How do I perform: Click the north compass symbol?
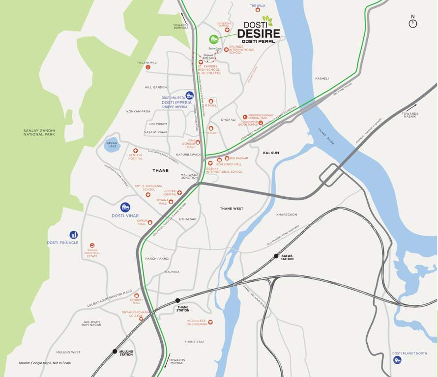pos(413,23)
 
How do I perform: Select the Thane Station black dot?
pos(177,300)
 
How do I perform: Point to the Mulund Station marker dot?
pos(115,351)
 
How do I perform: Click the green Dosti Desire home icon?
pos(213,39)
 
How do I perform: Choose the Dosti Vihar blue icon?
pos(125,207)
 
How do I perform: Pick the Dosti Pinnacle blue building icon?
pos(73,235)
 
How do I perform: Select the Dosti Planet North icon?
pos(397,360)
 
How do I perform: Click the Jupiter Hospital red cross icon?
pos(179,193)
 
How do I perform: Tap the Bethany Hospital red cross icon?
pos(136,151)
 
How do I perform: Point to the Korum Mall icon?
pos(150,222)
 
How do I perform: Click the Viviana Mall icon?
pos(171,202)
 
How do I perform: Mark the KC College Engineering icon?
pos(210,322)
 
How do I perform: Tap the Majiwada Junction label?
pos(189,176)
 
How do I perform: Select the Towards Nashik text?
pos(409,115)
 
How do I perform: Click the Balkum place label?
pos(271,153)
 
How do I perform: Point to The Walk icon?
pos(258,10)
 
